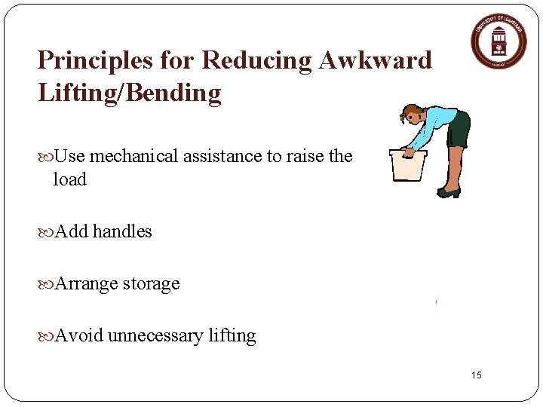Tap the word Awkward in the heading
375,60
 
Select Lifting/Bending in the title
129,93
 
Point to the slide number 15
476,375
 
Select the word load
69,179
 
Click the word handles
122,231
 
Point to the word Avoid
78,335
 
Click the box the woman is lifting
407,165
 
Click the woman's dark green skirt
459,130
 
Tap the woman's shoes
449,193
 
